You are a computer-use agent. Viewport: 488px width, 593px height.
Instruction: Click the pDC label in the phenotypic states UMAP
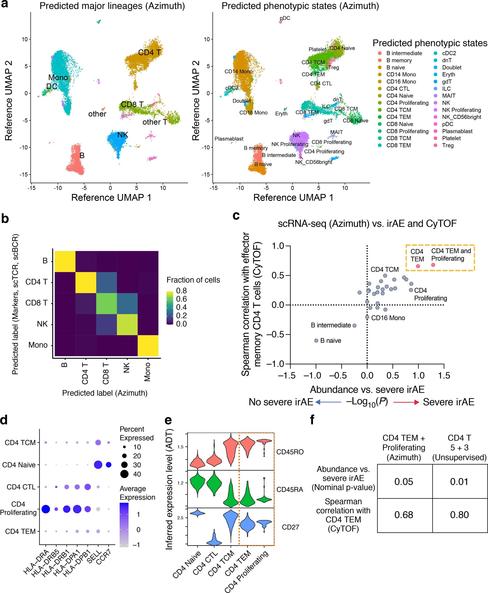(285, 18)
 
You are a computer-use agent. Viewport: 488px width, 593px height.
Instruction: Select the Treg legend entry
(447, 145)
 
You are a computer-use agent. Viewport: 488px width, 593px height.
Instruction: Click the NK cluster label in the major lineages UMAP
(122, 135)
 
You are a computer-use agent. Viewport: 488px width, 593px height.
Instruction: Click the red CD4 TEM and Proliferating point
(433, 265)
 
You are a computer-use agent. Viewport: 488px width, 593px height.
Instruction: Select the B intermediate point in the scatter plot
(355, 326)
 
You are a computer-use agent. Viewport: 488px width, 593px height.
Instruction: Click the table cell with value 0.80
(459, 515)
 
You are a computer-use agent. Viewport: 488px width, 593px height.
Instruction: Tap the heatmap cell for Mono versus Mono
(148, 345)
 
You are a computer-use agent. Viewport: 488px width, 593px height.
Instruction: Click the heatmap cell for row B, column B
(65, 261)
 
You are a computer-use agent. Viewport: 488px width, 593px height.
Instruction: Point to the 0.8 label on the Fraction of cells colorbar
(181, 291)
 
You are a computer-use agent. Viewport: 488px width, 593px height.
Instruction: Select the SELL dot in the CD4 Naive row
(98, 465)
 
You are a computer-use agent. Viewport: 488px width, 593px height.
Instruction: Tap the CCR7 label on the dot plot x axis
(104, 556)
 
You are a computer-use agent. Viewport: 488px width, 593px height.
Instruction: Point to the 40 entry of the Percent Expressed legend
(137, 474)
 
